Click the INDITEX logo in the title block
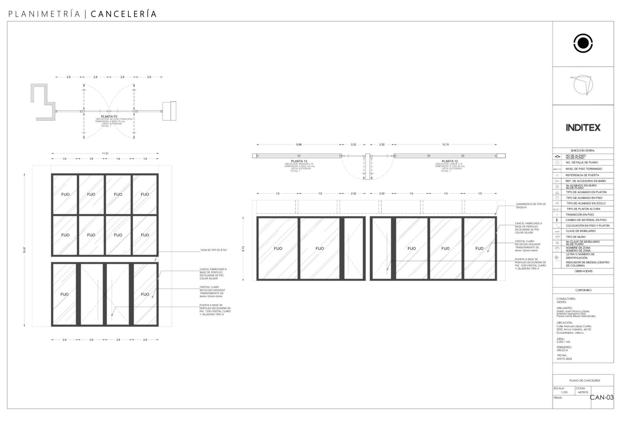coord(583,128)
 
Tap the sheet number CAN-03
coord(602,397)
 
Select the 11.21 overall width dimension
coord(105,153)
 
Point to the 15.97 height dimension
coord(24,250)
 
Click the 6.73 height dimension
coord(243,249)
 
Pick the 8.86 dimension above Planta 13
coord(299,145)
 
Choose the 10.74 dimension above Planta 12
coord(445,145)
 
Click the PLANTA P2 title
coord(109,117)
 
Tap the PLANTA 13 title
coord(299,161)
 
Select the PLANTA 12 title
coord(450,161)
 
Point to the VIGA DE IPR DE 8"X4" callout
coord(214,250)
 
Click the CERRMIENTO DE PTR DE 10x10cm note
coord(531,206)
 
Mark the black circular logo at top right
coord(583,43)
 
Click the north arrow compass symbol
coord(583,85)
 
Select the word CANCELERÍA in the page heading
coord(124,14)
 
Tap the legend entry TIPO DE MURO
coord(575,237)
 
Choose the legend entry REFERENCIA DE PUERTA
coord(582,175)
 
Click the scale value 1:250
coord(564,392)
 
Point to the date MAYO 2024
coord(564,359)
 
